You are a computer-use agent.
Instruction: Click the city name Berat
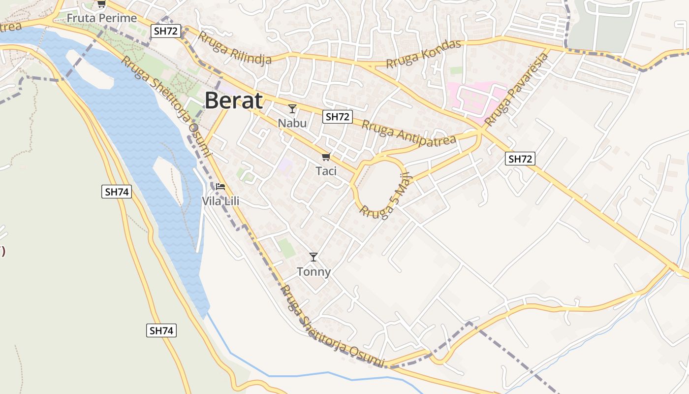click(x=233, y=100)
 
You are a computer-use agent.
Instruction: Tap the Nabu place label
click(x=292, y=123)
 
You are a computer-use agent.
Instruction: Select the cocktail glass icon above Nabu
click(x=292, y=108)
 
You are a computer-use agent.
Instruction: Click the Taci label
click(x=326, y=171)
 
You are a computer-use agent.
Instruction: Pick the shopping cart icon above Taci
click(x=325, y=157)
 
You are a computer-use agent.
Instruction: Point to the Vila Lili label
click(x=220, y=201)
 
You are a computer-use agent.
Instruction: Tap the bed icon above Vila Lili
click(x=220, y=187)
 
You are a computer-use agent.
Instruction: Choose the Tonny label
click(x=313, y=271)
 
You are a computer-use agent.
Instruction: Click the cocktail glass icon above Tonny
click(x=313, y=257)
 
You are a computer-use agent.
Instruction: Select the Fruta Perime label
click(x=101, y=18)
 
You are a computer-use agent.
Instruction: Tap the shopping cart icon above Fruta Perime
click(x=101, y=4)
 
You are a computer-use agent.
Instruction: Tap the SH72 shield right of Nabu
click(x=338, y=117)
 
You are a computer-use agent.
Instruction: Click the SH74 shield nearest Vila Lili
click(x=117, y=192)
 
